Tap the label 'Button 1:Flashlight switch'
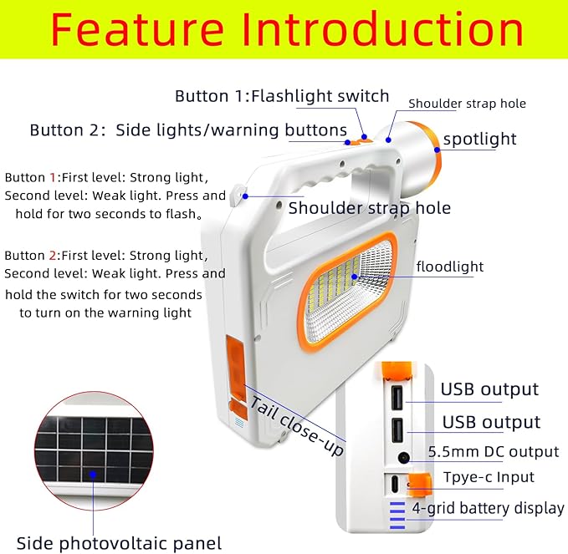click(x=282, y=96)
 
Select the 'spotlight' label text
click(x=479, y=139)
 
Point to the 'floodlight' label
click(x=450, y=267)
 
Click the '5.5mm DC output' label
click(x=493, y=452)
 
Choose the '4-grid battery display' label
click(x=488, y=508)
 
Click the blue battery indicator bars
click(x=396, y=511)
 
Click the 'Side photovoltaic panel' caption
click(x=119, y=543)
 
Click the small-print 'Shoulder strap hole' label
click(x=467, y=104)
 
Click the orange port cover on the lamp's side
click(x=236, y=363)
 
